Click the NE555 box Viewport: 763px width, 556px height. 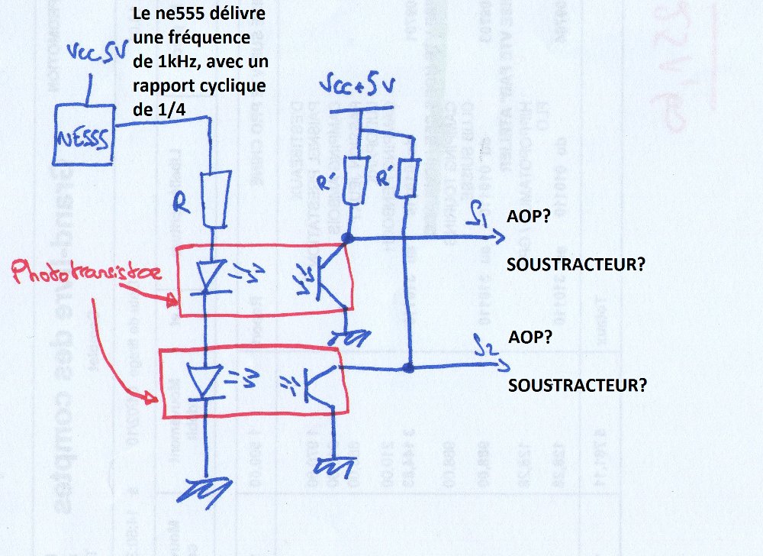point(83,138)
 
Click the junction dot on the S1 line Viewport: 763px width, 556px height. point(349,238)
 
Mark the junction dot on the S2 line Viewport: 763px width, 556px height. point(410,368)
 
